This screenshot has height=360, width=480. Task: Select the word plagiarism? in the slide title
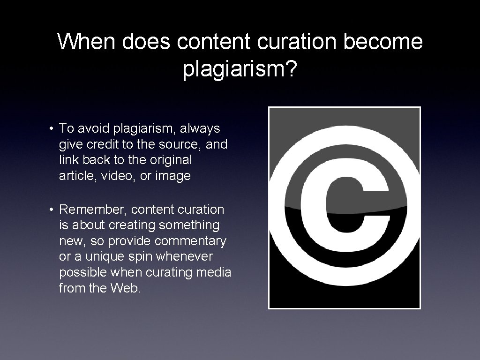click(240, 69)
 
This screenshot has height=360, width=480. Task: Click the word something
click(189, 225)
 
